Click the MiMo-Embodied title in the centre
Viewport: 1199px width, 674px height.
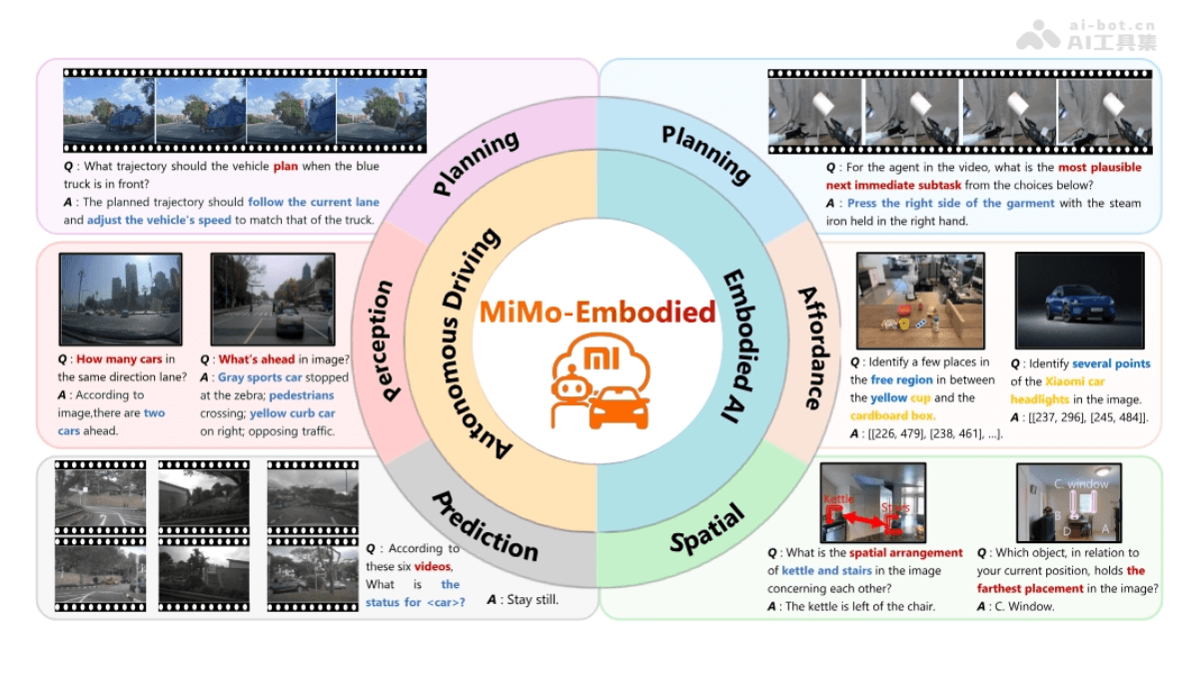(x=598, y=313)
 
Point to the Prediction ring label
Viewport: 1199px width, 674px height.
(x=486, y=525)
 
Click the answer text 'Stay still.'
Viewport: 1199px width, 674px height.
(x=523, y=600)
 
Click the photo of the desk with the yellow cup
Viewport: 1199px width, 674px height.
(x=920, y=300)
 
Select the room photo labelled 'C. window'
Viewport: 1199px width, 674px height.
(x=1068, y=501)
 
